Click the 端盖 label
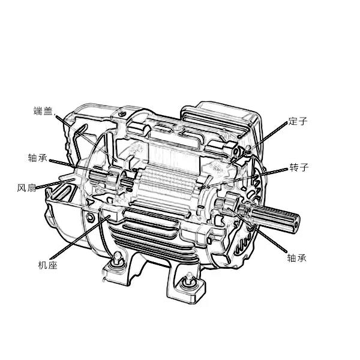point(43,111)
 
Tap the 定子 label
point(298,121)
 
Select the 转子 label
point(299,167)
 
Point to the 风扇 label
point(26,188)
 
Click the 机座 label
point(47,265)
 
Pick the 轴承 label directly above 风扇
point(38,158)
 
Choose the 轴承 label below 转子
point(297,258)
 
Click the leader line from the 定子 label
point(259,142)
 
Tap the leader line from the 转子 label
point(243,179)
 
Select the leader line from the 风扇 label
point(55,184)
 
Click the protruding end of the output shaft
point(295,221)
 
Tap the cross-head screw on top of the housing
point(122,113)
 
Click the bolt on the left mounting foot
point(118,258)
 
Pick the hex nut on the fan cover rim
point(90,217)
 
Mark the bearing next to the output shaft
point(232,202)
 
